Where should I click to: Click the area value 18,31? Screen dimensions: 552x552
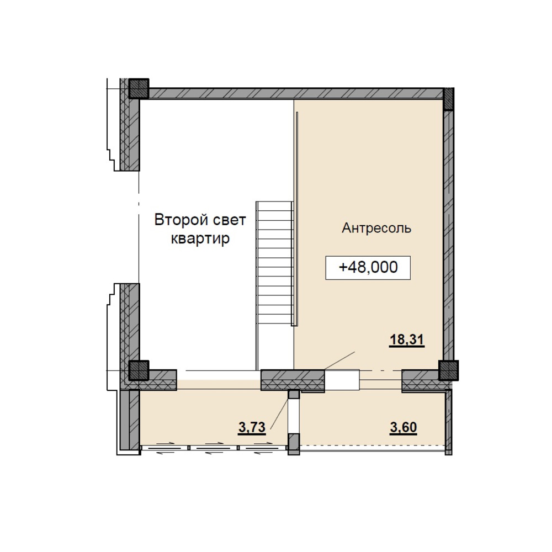(x=407, y=341)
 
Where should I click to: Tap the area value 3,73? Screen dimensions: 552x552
(x=252, y=428)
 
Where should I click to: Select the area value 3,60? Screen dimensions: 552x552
(x=404, y=428)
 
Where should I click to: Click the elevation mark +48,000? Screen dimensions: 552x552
(x=368, y=268)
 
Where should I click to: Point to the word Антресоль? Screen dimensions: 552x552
(x=376, y=228)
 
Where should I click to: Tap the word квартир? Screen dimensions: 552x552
(x=200, y=238)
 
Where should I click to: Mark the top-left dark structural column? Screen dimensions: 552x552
(x=139, y=88)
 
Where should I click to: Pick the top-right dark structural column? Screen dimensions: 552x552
(x=448, y=99)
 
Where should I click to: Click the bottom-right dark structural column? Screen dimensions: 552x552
(x=448, y=370)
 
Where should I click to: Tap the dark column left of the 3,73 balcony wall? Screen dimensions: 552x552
(x=139, y=370)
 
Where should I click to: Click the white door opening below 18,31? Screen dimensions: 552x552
(x=342, y=380)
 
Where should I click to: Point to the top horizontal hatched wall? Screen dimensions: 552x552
(x=296, y=93)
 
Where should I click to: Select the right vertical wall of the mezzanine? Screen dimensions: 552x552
(x=448, y=235)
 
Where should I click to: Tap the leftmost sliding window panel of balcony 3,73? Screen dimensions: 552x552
(x=164, y=448)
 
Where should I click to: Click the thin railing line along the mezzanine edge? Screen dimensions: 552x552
(x=298, y=219)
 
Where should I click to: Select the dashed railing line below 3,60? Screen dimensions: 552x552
(x=372, y=445)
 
